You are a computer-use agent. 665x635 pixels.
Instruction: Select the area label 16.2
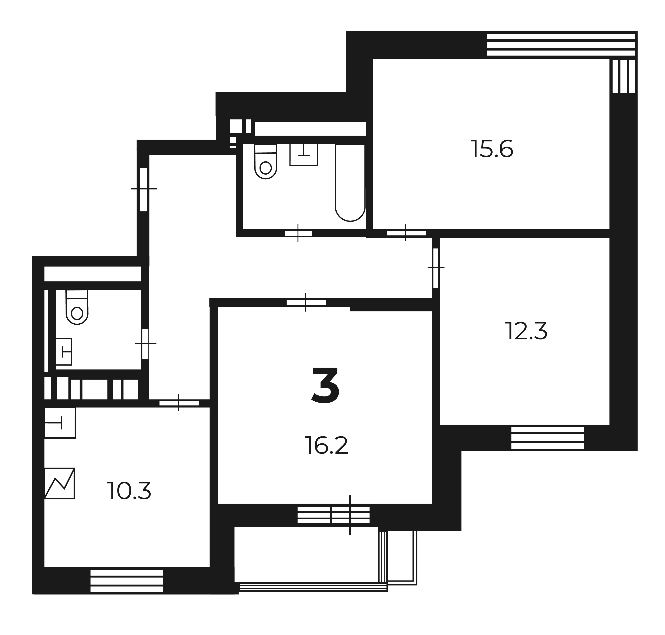[326, 446]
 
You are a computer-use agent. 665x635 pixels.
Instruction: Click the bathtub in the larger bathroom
[350, 183]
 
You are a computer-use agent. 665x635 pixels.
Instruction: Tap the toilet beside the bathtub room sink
[266, 161]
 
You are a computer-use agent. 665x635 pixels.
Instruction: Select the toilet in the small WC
[77, 307]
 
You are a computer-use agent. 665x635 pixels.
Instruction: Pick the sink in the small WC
[64, 352]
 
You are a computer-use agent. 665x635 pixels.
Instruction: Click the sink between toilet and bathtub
[304, 154]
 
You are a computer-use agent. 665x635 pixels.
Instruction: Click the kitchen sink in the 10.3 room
[60, 423]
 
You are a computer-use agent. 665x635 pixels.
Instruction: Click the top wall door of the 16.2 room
[306, 303]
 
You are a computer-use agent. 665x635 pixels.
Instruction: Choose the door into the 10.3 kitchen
[179, 403]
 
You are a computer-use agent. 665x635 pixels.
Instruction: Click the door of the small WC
[145, 343]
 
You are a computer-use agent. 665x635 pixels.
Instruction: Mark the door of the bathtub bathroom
[298, 233]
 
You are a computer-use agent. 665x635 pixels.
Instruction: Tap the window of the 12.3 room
[547, 438]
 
